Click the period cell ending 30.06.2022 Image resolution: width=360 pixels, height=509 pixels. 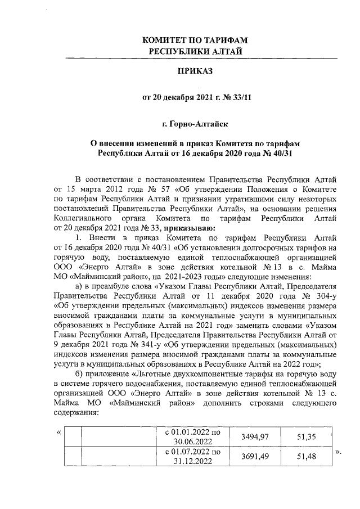(x=192, y=437)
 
